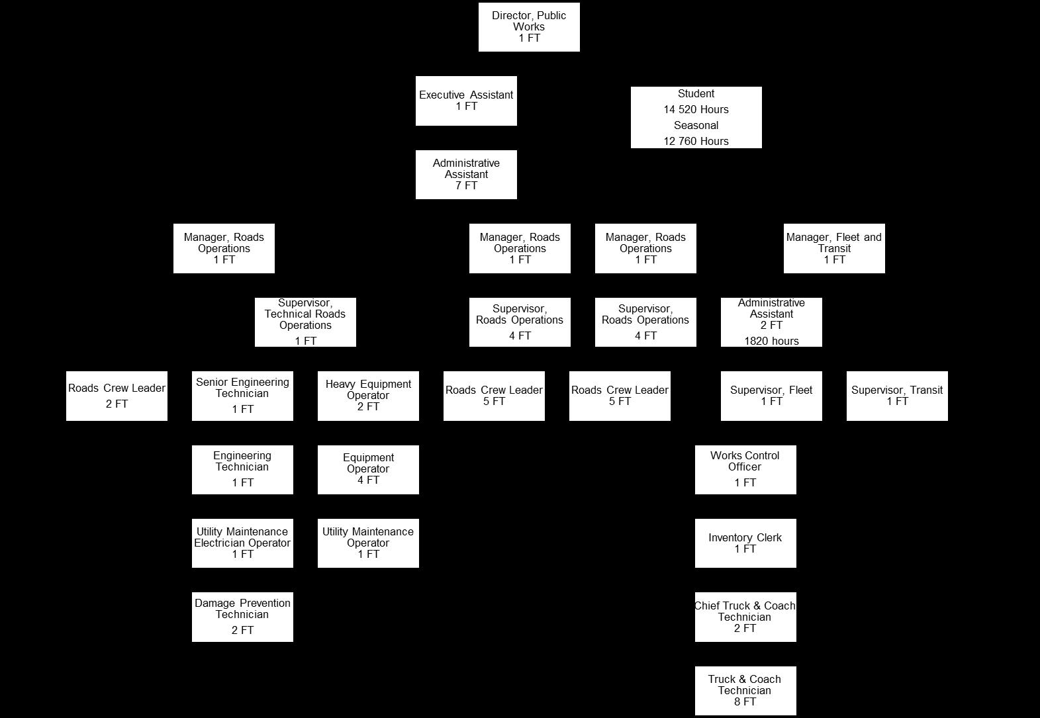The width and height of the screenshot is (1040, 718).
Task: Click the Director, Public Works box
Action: click(529, 27)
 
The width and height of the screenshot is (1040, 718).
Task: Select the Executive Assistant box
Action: click(466, 101)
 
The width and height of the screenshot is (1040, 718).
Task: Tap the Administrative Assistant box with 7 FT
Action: click(466, 175)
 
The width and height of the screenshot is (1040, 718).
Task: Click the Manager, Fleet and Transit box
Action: click(834, 248)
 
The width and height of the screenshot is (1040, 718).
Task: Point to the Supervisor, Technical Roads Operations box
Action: click(305, 322)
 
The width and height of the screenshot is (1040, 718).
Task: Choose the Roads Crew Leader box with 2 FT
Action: click(117, 396)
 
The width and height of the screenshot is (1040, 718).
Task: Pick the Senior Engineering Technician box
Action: click(242, 396)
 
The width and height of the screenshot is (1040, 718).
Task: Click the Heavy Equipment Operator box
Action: click(368, 396)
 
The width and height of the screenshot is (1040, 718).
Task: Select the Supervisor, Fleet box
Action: click(771, 396)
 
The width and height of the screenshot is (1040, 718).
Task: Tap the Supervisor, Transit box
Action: click(897, 396)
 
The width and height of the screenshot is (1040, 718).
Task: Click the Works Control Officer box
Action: click(745, 469)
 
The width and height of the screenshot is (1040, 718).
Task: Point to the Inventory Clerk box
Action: click(745, 543)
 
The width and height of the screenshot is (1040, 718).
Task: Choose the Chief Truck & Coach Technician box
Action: click(745, 617)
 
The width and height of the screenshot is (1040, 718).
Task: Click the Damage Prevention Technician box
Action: click(242, 617)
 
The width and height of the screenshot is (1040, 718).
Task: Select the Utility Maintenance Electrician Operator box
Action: click(242, 543)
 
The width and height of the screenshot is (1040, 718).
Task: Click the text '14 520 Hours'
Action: click(696, 110)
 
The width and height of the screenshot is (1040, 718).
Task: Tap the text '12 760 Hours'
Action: click(696, 141)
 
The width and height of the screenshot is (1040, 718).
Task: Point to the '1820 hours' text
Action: click(771, 341)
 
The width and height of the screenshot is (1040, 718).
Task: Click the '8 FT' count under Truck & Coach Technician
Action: click(745, 702)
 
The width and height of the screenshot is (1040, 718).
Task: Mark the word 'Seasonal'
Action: click(696, 126)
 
